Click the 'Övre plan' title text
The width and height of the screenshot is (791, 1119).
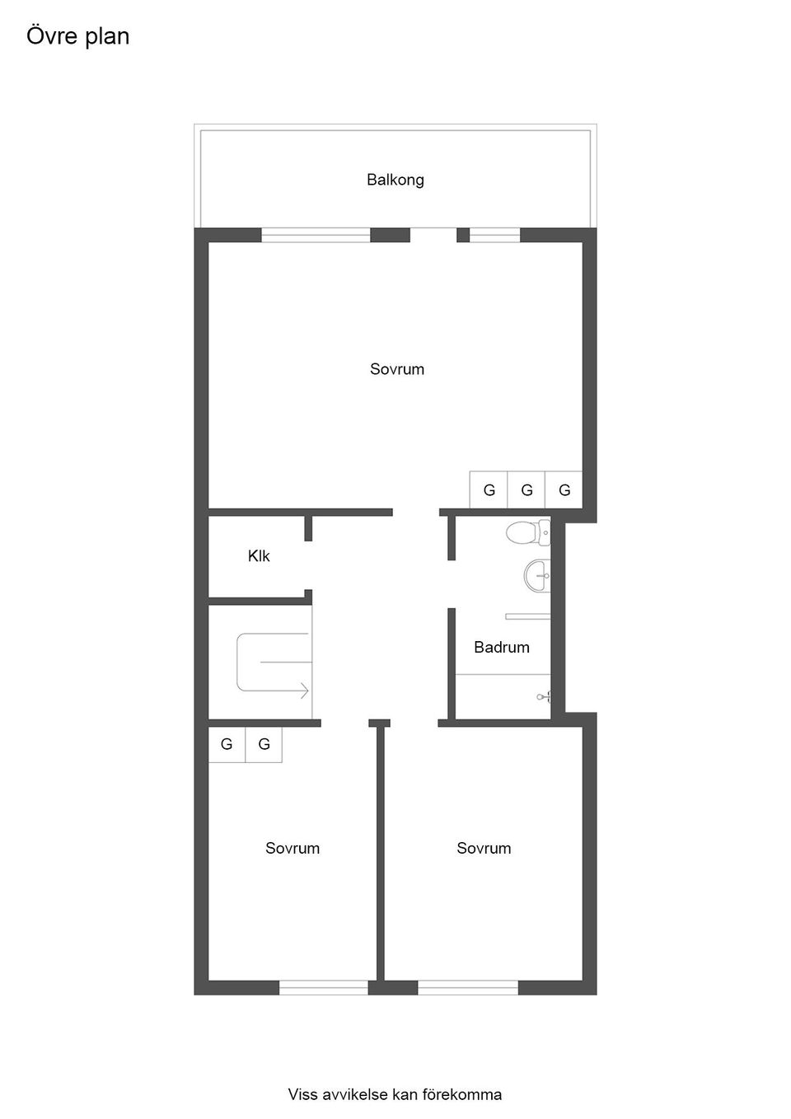click(x=77, y=36)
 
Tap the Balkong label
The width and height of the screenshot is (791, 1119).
click(x=395, y=180)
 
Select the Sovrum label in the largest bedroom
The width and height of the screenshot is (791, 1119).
click(x=396, y=369)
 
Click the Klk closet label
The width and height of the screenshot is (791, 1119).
click(x=258, y=556)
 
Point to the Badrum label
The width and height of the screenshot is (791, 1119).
click(x=501, y=647)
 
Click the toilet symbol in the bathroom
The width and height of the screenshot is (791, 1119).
click(x=527, y=532)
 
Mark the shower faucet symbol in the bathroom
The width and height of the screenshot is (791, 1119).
click(x=544, y=697)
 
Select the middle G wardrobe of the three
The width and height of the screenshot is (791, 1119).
click(x=527, y=490)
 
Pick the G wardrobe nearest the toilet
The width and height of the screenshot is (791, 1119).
click(x=564, y=490)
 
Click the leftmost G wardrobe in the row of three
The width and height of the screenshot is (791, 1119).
click(x=489, y=490)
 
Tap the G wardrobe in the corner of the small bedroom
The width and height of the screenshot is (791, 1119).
click(x=227, y=744)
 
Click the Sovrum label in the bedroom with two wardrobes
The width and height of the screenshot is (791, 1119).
click(x=292, y=848)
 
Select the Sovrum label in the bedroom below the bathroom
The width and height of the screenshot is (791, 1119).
click(x=484, y=848)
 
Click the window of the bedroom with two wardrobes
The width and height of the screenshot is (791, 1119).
click(x=323, y=987)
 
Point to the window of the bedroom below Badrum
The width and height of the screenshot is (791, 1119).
click(x=467, y=987)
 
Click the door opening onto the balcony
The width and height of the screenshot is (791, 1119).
click(x=433, y=235)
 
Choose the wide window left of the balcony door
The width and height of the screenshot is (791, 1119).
click(x=316, y=236)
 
